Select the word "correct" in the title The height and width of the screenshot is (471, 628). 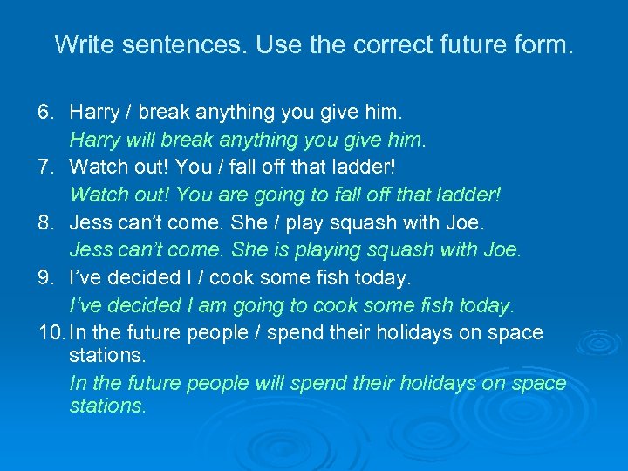(x=348, y=44)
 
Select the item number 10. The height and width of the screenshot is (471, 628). (x=50, y=332)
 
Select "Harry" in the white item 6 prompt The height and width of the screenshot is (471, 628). (x=96, y=112)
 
